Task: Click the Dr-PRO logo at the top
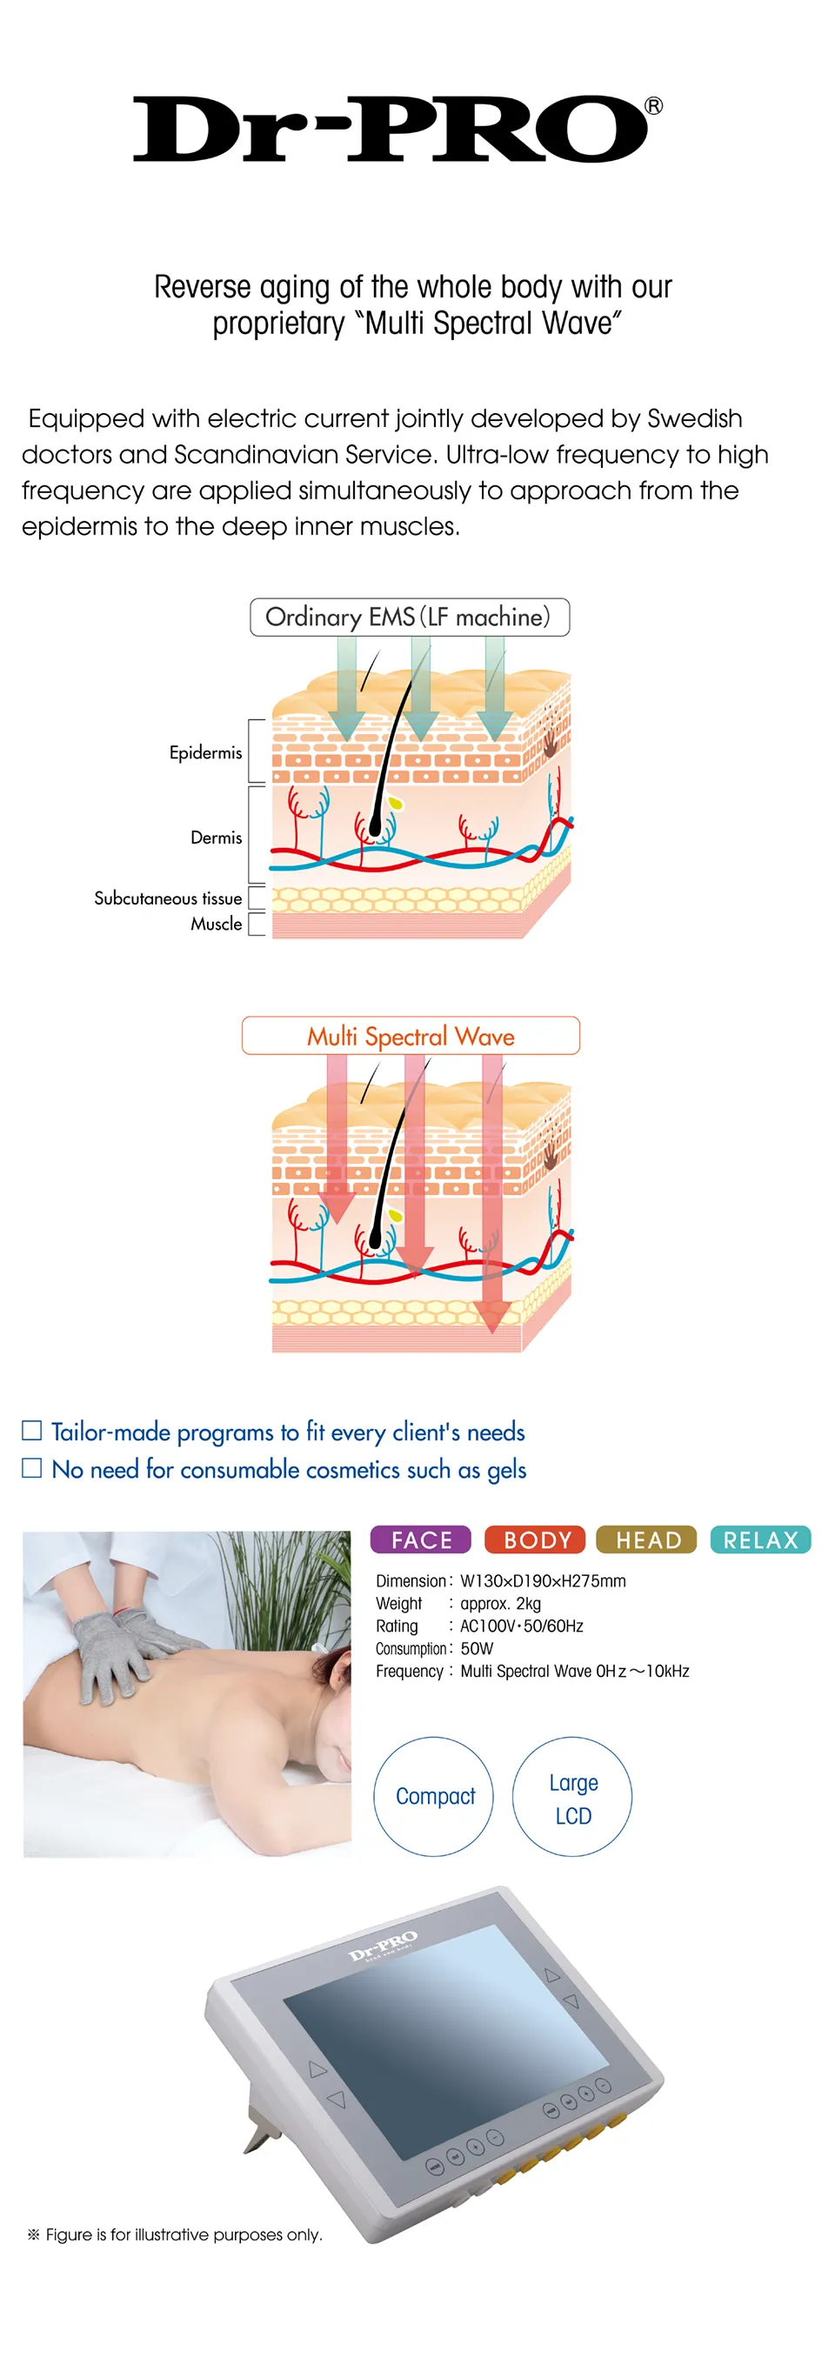pyautogui.click(x=391, y=129)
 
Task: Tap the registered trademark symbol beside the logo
pyautogui.click(x=653, y=106)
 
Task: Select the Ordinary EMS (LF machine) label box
pyautogui.click(x=409, y=618)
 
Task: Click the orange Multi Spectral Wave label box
pyautogui.click(x=411, y=1036)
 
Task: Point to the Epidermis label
pyautogui.click(x=205, y=753)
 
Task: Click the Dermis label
pyautogui.click(x=216, y=838)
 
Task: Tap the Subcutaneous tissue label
pyautogui.click(x=167, y=898)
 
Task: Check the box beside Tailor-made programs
pyautogui.click(x=32, y=1430)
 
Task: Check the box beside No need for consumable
pyautogui.click(x=32, y=1467)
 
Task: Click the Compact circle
pyautogui.click(x=433, y=1796)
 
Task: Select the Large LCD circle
pyautogui.click(x=572, y=1796)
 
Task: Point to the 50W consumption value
pyautogui.click(x=477, y=1649)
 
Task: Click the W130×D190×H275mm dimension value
pyautogui.click(x=543, y=1581)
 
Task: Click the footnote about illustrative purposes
pyautogui.click(x=176, y=2234)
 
